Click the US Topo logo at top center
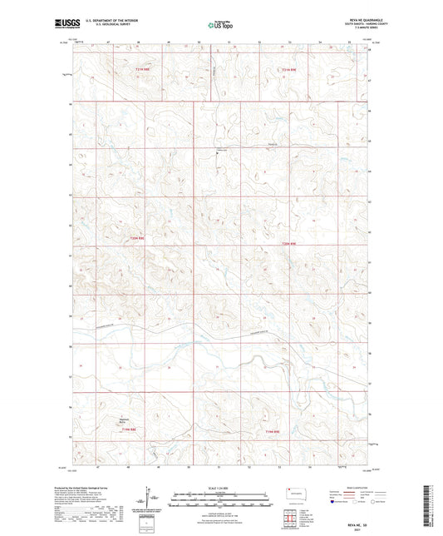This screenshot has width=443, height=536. pos(216,26)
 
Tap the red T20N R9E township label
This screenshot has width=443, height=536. pos(288,243)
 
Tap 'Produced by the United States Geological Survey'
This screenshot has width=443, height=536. pos(100,487)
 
